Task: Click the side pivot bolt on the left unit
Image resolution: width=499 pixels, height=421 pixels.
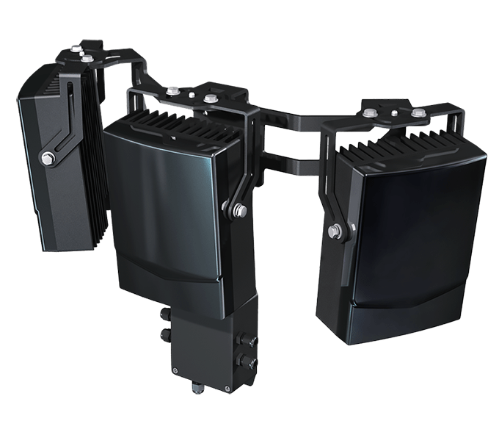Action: click(48, 157)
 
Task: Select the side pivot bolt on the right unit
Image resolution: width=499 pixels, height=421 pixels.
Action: click(337, 232)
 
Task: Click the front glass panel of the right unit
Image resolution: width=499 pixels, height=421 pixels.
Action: click(411, 235)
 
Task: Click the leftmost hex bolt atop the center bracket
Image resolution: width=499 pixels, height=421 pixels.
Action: click(174, 92)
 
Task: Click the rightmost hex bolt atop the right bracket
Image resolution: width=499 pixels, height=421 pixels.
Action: click(418, 113)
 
